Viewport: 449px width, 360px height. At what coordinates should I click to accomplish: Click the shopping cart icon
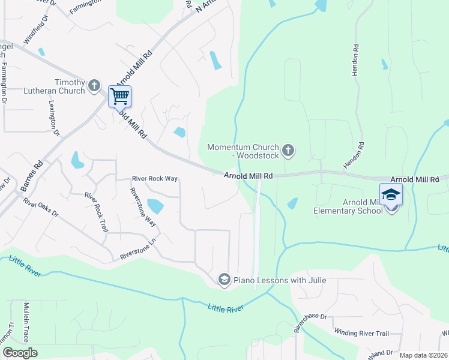119,96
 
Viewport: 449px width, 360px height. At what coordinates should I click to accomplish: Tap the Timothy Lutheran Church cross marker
94,86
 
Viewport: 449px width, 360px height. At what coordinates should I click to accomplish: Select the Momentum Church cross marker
288,150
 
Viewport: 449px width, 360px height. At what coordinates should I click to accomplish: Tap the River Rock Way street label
155,179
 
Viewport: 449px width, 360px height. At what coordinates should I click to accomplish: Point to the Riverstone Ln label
138,255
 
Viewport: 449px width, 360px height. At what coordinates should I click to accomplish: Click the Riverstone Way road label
143,207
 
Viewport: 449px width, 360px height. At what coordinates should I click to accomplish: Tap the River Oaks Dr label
41,205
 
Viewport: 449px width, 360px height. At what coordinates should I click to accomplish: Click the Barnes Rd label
32,176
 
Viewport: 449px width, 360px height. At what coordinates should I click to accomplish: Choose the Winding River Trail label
361,334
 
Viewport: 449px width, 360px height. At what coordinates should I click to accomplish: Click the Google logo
20,353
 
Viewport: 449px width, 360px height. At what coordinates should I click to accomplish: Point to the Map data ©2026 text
423,355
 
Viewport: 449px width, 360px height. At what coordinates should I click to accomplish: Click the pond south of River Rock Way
155,206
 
